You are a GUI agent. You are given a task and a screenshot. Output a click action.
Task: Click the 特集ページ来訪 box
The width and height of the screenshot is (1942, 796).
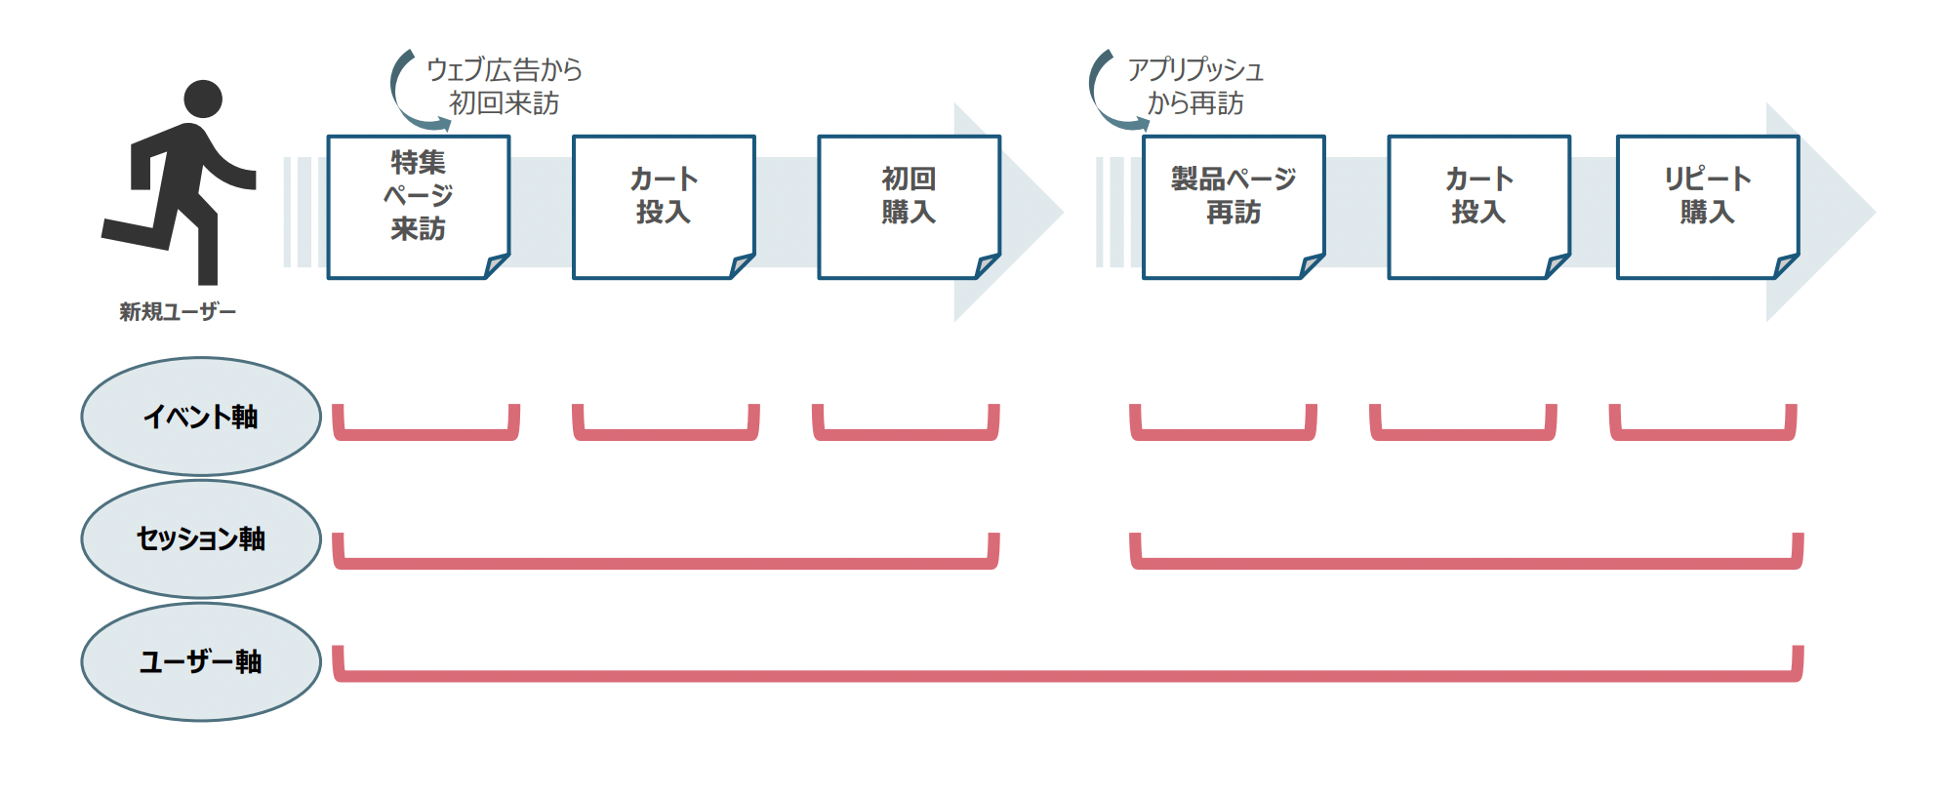[x=418, y=206]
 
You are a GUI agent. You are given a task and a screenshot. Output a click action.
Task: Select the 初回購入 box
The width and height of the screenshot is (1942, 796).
[x=909, y=206]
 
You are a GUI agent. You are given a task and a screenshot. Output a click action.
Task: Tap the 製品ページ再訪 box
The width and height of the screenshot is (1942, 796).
[x=1234, y=206]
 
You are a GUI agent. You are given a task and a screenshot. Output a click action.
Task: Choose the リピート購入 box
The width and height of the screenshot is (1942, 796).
[x=1707, y=206]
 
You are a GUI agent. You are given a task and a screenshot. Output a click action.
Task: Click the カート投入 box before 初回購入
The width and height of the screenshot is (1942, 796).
[x=664, y=206]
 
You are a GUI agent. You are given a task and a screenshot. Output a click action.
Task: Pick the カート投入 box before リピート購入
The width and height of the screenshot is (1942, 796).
[x=1478, y=206]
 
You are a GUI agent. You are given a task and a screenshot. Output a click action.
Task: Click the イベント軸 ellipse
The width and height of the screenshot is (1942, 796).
[x=201, y=417]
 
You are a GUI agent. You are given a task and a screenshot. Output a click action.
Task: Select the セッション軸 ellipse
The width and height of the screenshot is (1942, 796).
[x=201, y=538]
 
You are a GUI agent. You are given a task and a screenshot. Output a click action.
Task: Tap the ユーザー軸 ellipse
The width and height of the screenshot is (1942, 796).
[x=201, y=661]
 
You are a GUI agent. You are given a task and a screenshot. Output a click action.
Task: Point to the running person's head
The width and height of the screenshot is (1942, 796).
[x=203, y=99]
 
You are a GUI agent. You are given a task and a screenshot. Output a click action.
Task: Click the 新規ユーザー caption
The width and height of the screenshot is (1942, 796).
[x=178, y=312]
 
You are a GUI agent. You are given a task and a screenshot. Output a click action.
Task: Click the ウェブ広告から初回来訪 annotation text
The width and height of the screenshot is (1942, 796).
[x=504, y=86]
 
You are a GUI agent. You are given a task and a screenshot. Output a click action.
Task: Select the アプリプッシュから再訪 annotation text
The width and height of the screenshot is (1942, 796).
[x=1195, y=86]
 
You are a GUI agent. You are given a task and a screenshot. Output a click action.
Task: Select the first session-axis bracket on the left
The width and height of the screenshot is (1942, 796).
[x=666, y=562]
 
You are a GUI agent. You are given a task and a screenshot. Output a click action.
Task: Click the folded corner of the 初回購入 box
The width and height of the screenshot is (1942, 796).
[x=987, y=265]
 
